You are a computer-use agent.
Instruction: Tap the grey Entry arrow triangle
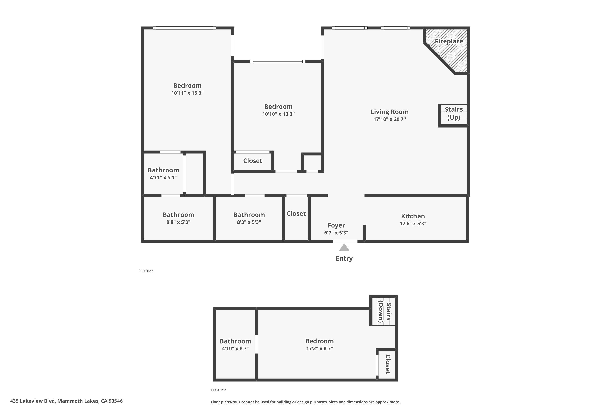(x=344, y=247)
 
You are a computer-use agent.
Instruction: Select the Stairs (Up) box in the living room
(x=454, y=113)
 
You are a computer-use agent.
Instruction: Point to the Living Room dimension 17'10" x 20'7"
(x=389, y=119)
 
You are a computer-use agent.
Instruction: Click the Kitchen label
(x=413, y=216)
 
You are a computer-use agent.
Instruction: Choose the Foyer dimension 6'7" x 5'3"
(x=336, y=233)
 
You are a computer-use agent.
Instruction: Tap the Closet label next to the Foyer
(x=296, y=214)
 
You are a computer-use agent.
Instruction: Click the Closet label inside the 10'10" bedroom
(x=253, y=161)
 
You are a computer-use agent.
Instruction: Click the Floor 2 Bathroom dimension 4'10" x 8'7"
(x=235, y=348)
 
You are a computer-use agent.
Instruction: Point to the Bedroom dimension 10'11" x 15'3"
(x=187, y=93)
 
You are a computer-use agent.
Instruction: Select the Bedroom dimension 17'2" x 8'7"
(x=319, y=348)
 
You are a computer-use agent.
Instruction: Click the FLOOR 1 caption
(x=146, y=271)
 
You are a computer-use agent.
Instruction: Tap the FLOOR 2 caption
(x=218, y=390)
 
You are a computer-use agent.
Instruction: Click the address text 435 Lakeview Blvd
(x=66, y=401)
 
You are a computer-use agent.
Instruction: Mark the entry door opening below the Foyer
(x=345, y=241)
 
